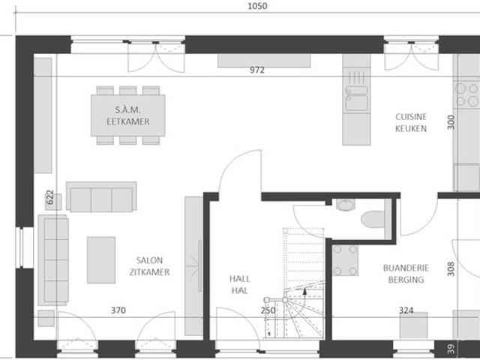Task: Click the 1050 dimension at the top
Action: (256, 6)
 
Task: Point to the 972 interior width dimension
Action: (257, 70)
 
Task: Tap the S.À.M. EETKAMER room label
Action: (127, 115)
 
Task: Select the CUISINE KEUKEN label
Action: (411, 122)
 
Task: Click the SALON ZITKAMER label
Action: (148, 267)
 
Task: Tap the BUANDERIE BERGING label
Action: (403, 273)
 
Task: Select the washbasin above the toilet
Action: (346, 205)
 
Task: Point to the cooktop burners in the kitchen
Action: (467, 94)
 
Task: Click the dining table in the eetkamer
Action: (127, 115)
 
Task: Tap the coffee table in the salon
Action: (101, 259)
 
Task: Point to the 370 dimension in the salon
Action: (118, 310)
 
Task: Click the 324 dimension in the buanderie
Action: (406, 310)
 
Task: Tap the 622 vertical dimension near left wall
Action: (49, 198)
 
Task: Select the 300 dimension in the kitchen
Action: (451, 121)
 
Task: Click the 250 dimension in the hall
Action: (268, 310)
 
